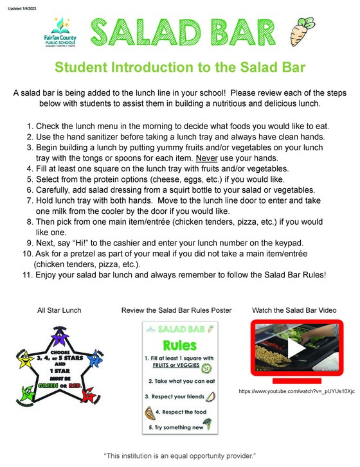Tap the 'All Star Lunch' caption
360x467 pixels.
point(59,310)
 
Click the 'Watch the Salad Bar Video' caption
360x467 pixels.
point(294,310)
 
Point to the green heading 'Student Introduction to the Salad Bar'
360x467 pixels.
point(180,67)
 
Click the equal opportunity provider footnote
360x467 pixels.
point(180,455)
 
